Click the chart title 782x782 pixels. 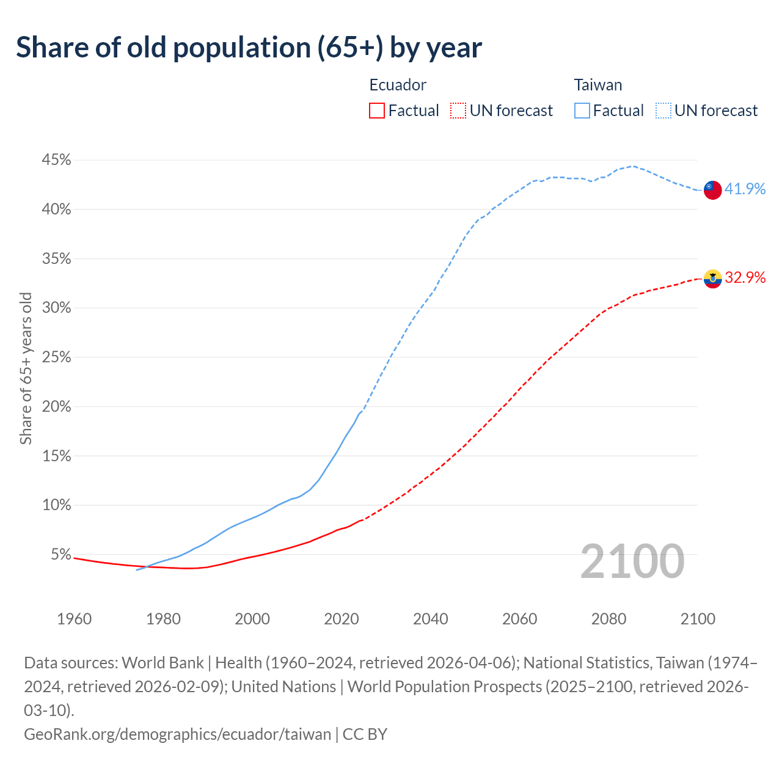tap(249, 48)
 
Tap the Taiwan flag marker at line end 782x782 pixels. tap(712, 190)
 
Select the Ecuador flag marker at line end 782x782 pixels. tap(712, 279)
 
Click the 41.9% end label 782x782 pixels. tap(745, 189)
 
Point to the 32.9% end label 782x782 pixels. tap(745, 278)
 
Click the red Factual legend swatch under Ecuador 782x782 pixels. tap(377, 111)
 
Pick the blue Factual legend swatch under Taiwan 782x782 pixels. tap(582, 111)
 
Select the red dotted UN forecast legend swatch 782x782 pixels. tap(458, 111)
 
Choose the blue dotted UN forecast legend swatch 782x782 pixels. tap(663, 111)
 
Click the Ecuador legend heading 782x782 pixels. tap(398, 85)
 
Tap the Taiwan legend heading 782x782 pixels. tap(597, 85)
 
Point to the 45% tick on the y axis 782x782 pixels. tap(56, 160)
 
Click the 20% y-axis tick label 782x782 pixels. tap(56, 407)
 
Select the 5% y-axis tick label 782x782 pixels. tap(60, 555)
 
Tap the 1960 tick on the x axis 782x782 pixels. tap(74, 619)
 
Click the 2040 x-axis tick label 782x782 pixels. tap(431, 619)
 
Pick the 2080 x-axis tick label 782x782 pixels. tap(608, 619)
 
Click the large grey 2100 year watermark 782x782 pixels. tap(632, 561)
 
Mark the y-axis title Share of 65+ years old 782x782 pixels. tap(26, 368)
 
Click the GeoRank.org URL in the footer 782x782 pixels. tap(177, 734)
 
